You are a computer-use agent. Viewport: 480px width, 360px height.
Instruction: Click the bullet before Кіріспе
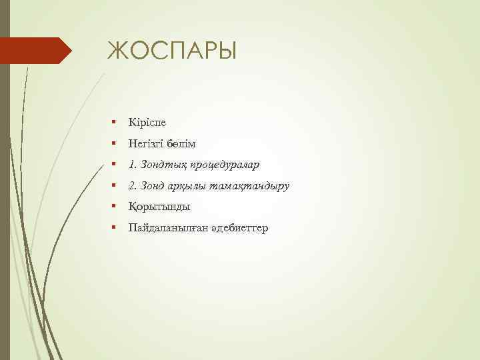click(115, 123)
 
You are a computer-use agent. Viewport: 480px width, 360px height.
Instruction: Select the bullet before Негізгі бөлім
click(115, 144)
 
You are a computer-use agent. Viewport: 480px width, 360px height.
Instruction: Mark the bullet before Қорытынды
click(115, 207)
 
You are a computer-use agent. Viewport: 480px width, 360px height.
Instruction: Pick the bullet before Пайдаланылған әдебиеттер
click(115, 229)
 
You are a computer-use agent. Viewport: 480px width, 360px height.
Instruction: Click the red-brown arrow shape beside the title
click(37, 50)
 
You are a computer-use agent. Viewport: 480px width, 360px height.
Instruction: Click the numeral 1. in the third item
click(132, 164)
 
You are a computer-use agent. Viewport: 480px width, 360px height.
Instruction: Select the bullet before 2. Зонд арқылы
click(115, 186)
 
